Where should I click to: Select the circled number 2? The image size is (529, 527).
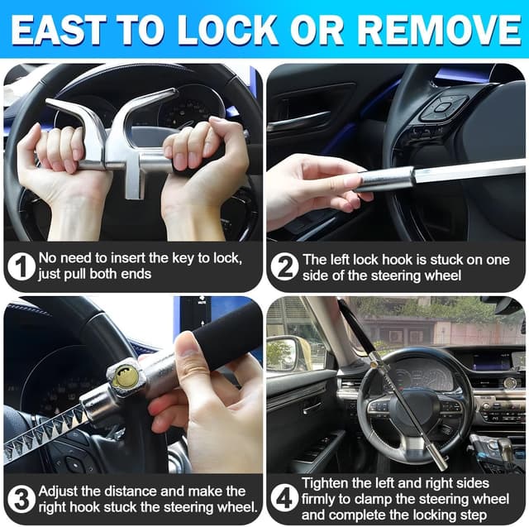284,266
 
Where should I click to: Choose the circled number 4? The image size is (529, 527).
285,498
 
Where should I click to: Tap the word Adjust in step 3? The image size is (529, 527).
60,491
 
